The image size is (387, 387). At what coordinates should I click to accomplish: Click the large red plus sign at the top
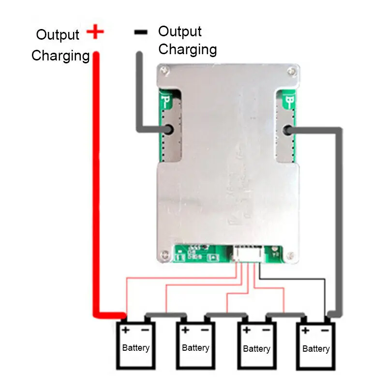pyautogui.click(x=95, y=32)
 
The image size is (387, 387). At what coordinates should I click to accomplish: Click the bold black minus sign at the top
pyautogui.click(x=140, y=32)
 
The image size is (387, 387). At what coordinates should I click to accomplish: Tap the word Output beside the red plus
pyautogui.click(x=58, y=35)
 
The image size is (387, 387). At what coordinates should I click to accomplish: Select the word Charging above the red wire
pyautogui.click(x=60, y=56)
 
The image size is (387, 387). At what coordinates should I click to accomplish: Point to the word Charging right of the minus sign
pyautogui.click(x=188, y=49)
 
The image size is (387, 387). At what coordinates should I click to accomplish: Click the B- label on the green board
pyautogui.click(x=291, y=102)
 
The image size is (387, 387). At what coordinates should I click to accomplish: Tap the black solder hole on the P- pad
pyautogui.click(x=169, y=130)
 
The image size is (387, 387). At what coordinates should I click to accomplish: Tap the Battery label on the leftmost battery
pyautogui.click(x=135, y=347)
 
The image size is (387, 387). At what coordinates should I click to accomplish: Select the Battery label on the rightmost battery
pyautogui.click(x=316, y=348)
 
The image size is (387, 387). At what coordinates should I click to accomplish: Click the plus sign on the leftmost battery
pyautogui.click(x=126, y=330)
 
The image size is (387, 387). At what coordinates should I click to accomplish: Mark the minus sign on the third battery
pyautogui.click(x=266, y=330)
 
